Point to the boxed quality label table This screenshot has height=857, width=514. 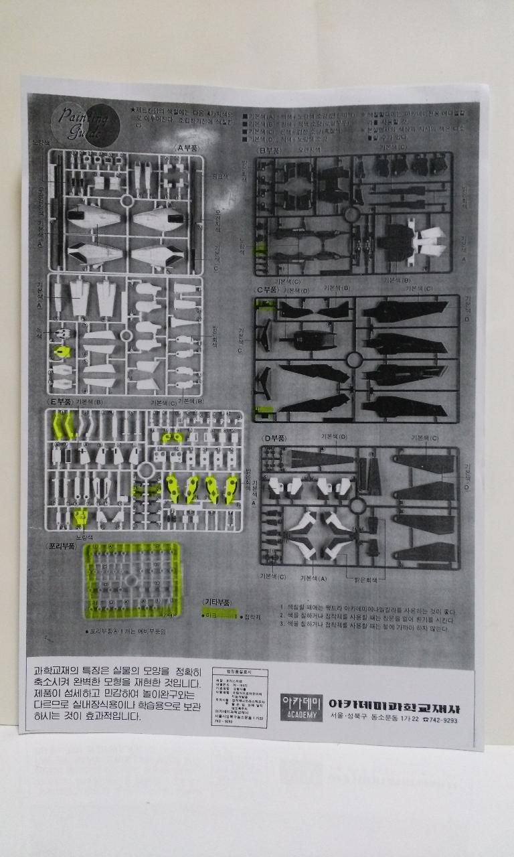[235, 696]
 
